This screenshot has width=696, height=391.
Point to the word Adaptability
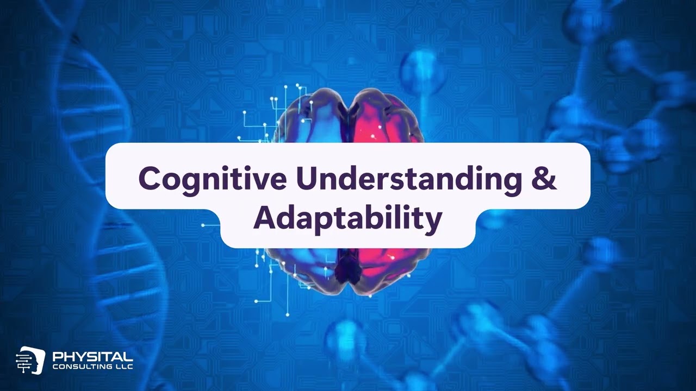coord(347,218)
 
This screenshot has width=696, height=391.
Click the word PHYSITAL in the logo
coord(92,357)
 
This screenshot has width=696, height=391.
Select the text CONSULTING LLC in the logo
coord(92,367)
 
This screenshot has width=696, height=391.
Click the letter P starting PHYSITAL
coord(57,357)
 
